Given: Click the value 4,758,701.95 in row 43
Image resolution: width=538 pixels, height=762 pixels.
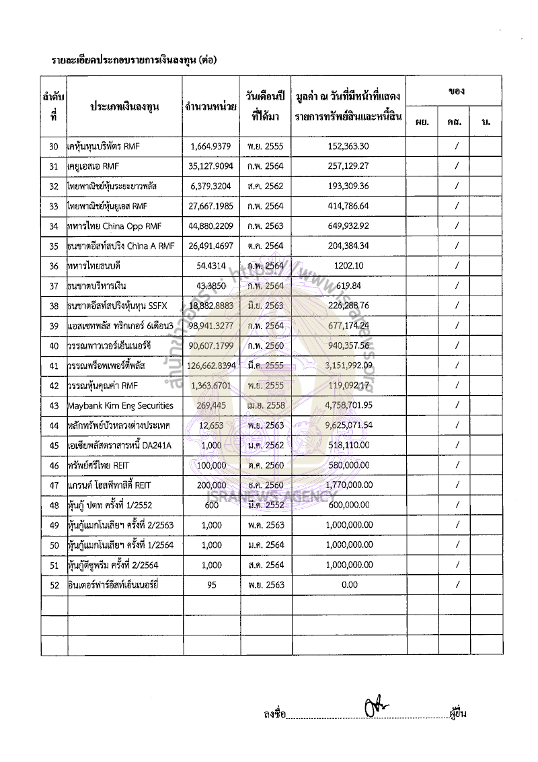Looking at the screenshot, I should tap(348, 405).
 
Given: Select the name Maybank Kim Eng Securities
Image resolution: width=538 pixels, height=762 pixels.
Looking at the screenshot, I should tap(120, 405).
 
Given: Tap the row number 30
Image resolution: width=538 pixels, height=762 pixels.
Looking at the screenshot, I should tap(53, 146).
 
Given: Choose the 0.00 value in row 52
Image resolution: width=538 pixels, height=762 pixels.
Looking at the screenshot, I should tap(349, 584).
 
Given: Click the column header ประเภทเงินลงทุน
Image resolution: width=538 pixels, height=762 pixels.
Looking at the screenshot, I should tap(124, 107).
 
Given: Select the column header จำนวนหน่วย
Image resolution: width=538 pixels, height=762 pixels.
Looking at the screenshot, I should tap(210, 107).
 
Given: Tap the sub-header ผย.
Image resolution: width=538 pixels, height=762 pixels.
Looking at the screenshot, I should tap(422, 123).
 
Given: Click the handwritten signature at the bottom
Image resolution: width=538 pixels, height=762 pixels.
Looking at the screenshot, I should tap(378, 707).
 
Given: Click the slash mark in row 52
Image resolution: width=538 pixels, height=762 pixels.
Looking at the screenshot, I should tap(456, 584).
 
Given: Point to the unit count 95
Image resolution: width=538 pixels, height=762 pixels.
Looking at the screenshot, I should tap(211, 584).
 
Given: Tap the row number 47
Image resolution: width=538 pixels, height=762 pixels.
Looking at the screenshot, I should tap(53, 485).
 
